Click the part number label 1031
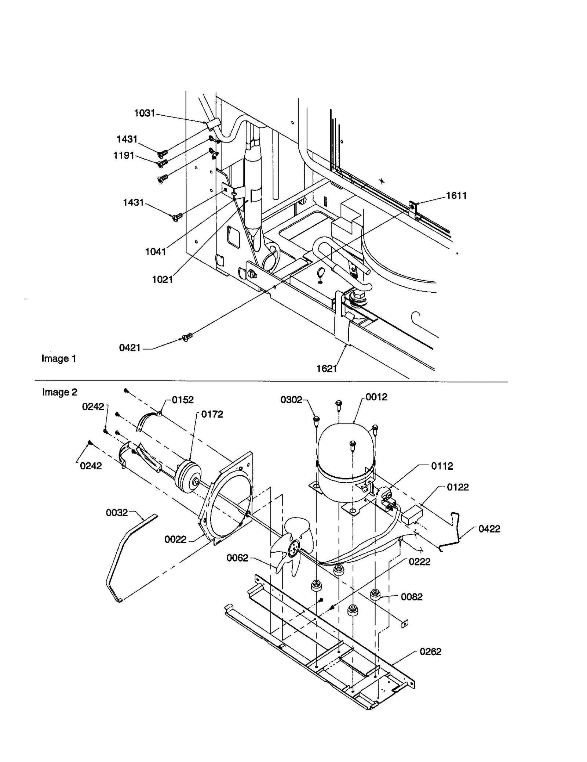145,113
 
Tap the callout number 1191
124,155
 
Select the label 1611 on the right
456,196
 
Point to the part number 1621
327,368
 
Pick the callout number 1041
156,252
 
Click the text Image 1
59,358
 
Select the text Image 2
59,392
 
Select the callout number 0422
489,529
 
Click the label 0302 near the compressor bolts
291,400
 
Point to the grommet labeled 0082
375,594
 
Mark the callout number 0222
419,561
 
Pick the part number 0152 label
182,400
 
